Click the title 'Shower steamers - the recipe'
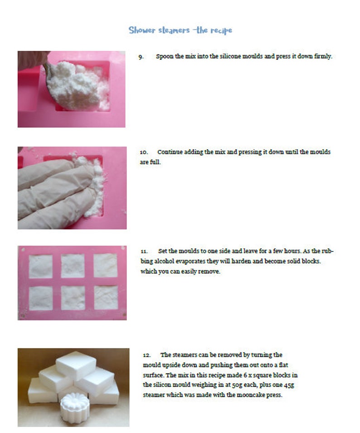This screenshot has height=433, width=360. pyautogui.click(x=180, y=30)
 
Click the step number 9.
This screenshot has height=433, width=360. pyautogui.click(x=141, y=57)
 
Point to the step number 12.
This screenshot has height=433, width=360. pyautogui.click(x=146, y=355)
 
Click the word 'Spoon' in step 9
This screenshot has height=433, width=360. pyautogui.click(x=164, y=57)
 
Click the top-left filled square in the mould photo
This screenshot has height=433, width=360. pyautogui.click(x=41, y=266)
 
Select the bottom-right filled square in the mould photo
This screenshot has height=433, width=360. pyautogui.click(x=105, y=297)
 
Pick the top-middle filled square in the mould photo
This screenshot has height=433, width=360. pyautogui.click(x=73, y=266)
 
